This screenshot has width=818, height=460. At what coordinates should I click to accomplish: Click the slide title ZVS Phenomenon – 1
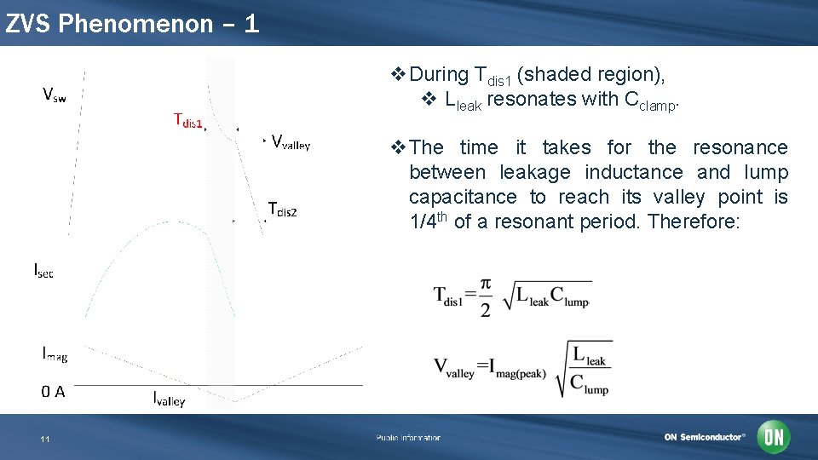pyautogui.click(x=132, y=23)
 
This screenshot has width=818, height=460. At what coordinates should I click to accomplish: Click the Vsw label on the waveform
pyautogui.click(x=55, y=95)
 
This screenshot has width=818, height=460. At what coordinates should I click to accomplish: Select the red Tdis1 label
pyautogui.click(x=187, y=120)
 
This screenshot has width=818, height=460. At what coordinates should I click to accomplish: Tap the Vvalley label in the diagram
pyautogui.click(x=291, y=142)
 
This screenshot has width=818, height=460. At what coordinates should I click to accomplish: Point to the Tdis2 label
pyautogui.click(x=282, y=209)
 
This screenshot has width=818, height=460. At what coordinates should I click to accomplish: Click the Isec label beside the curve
pyautogui.click(x=43, y=270)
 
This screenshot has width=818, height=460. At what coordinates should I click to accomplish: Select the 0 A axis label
pyautogui.click(x=53, y=392)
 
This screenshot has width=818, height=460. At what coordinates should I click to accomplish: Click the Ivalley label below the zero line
pyautogui.click(x=169, y=398)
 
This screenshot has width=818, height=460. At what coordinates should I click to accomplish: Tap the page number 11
pyautogui.click(x=45, y=439)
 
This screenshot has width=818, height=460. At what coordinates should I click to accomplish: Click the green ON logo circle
pyautogui.click(x=774, y=437)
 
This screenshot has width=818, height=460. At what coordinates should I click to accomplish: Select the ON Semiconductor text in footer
pyautogui.click(x=704, y=437)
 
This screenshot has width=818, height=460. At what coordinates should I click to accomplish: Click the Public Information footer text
pyautogui.click(x=408, y=438)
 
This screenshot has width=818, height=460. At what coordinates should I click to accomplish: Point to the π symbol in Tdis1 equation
pyautogui.click(x=485, y=284)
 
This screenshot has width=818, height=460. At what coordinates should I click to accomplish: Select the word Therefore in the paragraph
pyautogui.click(x=699, y=221)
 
